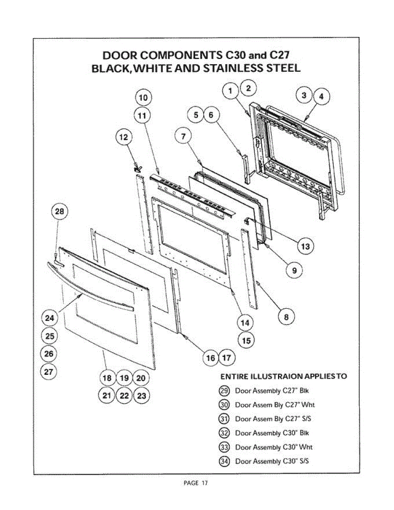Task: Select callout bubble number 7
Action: (x=183, y=136)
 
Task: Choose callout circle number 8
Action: (x=286, y=317)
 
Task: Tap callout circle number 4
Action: (x=321, y=97)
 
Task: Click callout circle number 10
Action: (x=143, y=98)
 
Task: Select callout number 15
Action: (x=245, y=340)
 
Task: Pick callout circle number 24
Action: (x=50, y=318)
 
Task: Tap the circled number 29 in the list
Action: (x=224, y=391)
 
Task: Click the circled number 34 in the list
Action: (x=224, y=461)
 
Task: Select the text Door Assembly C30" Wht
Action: (x=274, y=447)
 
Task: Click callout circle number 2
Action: (x=249, y=88)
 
